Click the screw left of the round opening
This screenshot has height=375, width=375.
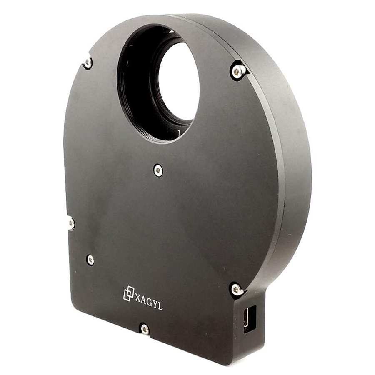87,63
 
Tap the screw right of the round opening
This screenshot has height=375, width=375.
238,72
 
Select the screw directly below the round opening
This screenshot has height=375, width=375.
158,170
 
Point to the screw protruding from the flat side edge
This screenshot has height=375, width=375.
71,224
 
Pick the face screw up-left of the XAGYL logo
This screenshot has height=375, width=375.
90,260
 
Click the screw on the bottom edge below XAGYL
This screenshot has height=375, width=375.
145,329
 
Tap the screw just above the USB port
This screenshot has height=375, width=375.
237,289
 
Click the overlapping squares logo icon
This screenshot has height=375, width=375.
129,293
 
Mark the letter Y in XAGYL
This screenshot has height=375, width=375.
154,305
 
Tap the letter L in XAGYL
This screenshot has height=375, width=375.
160,307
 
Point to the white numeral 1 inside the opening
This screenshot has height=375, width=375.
178,134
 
